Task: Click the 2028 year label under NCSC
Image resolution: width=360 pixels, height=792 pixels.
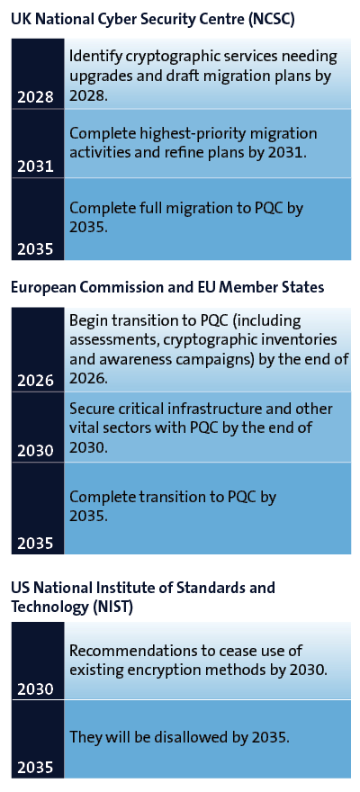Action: pos(35,97)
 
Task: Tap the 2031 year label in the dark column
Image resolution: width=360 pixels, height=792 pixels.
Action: pos(35,166)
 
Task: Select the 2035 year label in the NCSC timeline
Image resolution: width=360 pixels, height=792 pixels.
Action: pos(35,249)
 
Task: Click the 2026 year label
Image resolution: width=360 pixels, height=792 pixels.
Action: pos(35,381)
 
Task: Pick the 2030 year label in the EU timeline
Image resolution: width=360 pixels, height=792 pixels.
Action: pos(35,451)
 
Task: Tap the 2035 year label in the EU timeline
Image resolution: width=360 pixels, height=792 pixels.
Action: pos(35,543)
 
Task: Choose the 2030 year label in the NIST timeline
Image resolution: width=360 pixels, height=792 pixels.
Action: pos(35,689)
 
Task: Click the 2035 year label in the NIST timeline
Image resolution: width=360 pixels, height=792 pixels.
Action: pos(35,768)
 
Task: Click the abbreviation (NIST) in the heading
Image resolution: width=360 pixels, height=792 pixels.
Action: pos(112,607)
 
